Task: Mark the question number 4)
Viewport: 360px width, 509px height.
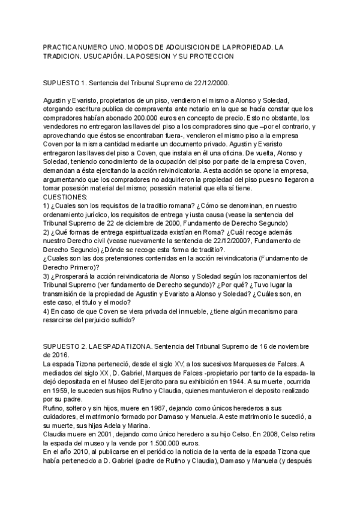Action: click(x=48, y=312)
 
